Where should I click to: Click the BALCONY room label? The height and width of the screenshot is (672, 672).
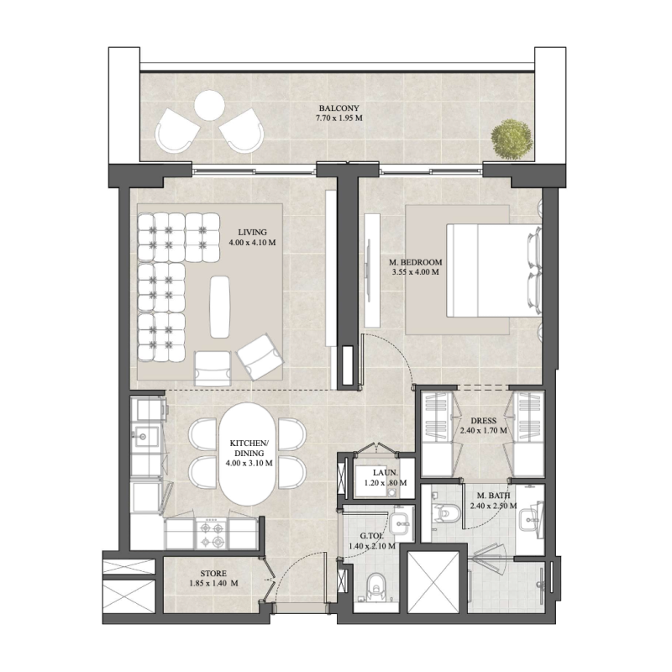tap(339, 108)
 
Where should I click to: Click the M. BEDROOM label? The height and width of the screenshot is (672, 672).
tap(415, 262)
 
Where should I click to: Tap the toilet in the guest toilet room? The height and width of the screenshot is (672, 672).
tap(375, 585)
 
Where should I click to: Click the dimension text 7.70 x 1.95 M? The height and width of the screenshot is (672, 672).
tap(339, 119)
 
